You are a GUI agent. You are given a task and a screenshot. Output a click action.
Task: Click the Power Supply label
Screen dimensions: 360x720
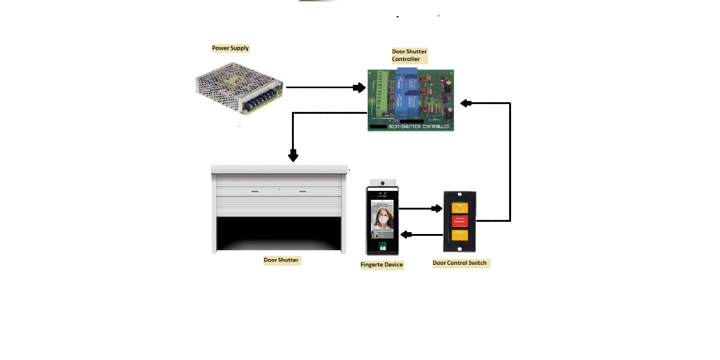pos(230,48)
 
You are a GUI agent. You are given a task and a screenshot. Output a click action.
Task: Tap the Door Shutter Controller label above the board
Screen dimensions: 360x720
pos(410,55)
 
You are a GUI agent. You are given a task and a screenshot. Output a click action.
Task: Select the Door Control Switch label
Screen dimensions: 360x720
pos(460,263)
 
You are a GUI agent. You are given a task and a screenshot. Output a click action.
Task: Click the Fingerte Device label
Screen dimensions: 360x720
pos(382,265)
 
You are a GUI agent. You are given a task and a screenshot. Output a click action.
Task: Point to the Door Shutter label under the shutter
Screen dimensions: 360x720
pos(281,260)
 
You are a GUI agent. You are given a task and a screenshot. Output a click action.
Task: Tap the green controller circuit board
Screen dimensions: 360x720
pos(411,100)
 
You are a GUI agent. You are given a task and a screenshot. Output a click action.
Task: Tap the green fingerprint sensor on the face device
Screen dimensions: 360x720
pos(384,245)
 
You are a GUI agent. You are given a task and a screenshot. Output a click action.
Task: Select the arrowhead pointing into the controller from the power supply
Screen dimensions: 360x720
pos(361,87)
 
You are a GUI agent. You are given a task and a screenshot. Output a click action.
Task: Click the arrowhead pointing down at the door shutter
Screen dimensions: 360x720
pos(293,156)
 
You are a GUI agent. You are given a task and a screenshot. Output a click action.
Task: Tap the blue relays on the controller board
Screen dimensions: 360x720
pos(406,93)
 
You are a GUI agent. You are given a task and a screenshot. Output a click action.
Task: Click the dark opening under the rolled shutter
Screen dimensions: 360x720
pos(279,235)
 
